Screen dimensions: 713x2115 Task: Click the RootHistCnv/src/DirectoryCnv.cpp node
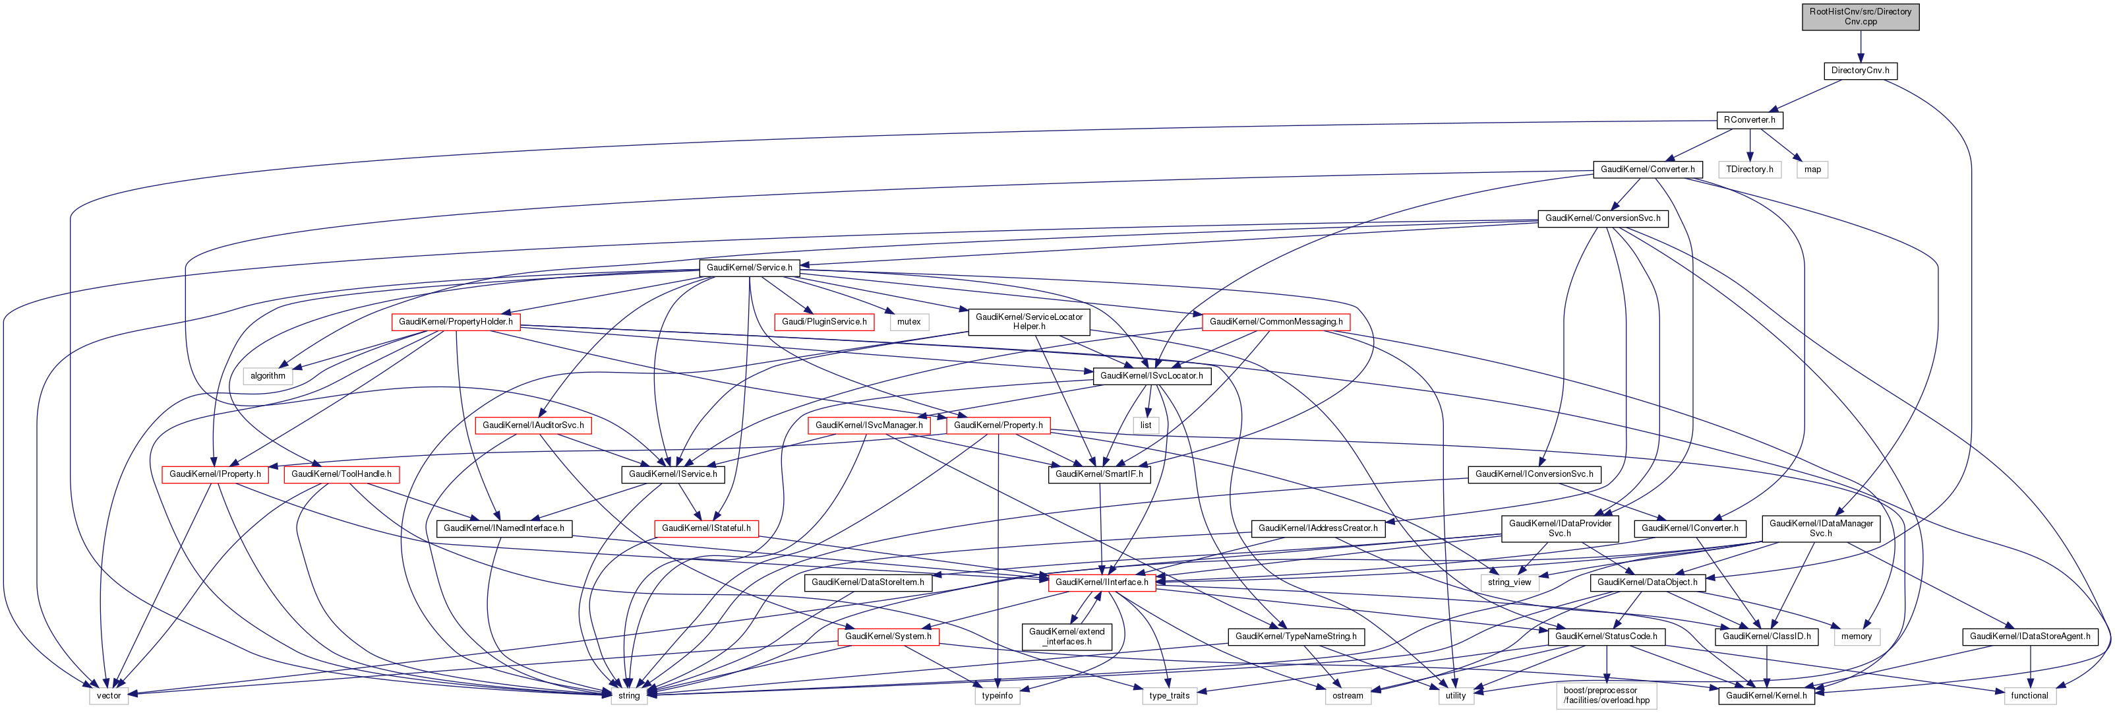point(1860,16)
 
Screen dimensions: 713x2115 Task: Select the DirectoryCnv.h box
point(1860,71)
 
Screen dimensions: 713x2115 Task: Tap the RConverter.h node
point(1749,120)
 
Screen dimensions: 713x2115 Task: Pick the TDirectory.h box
point(1749,170)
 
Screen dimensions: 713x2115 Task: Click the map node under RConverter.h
point(1812,170)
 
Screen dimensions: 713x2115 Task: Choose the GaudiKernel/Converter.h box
point(1647,170)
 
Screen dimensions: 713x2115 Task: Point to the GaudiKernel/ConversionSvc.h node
point(1602,218)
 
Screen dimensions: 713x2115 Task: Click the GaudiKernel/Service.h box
point(749,268)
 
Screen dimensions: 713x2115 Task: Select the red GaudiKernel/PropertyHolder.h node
point(456,322)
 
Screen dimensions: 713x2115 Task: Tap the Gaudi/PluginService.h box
point(823,322)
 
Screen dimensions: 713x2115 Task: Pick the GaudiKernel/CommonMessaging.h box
point(1275,322)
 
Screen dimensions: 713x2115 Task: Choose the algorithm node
point(268,376)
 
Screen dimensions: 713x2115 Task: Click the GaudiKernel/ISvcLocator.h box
point(1151,376)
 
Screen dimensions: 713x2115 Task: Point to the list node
point(1145,425)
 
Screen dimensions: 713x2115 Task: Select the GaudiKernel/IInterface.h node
point(1101,582)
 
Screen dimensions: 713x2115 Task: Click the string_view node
point(1509,582)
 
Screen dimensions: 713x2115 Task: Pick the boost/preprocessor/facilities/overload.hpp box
point(1606,696)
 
